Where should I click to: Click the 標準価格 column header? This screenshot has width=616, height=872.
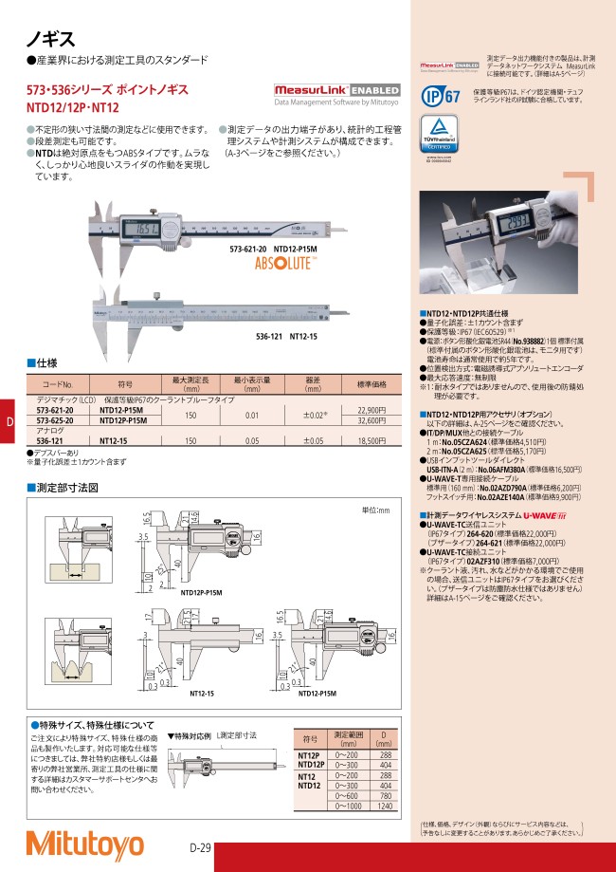pos(371,384)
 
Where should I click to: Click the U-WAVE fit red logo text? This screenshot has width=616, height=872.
pos(542,513)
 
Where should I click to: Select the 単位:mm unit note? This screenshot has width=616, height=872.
pos(375,510)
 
